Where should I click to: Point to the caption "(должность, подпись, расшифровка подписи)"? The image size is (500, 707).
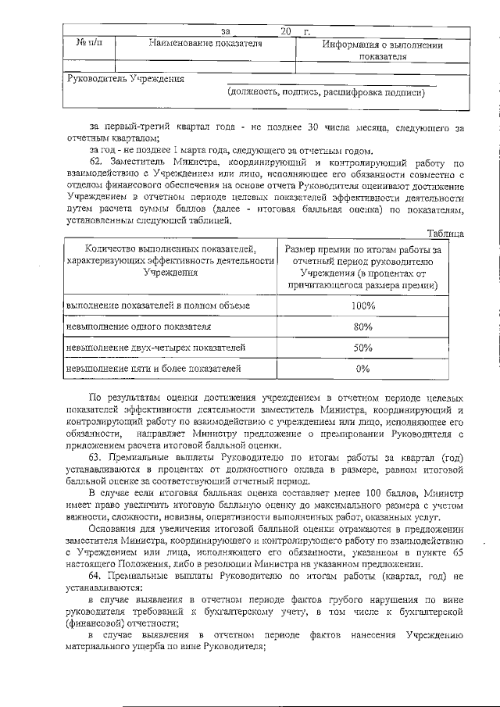[326, 93]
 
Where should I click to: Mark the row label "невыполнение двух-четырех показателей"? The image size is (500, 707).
[155, 348]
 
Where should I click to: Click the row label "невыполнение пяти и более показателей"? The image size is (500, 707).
[154, 368]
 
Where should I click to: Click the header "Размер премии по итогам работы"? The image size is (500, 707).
[362, 249]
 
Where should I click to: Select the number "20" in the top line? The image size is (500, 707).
[285, 31]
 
